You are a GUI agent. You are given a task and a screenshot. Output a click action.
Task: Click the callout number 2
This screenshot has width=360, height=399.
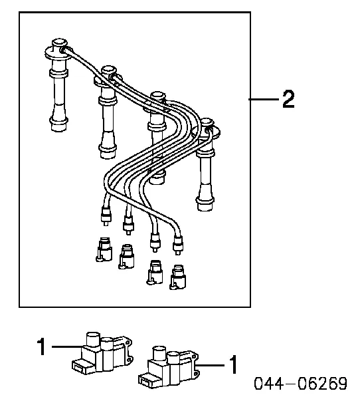(288, 99)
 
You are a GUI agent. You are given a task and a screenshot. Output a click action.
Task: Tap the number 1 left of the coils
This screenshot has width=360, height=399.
(41, 346)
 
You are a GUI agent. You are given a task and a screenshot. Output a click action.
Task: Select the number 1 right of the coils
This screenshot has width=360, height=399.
(233, 365)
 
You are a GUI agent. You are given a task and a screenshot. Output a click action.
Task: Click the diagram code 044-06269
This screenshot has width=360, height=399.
(300, 384)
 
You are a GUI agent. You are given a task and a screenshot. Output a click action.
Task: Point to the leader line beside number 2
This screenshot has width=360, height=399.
(264, 99)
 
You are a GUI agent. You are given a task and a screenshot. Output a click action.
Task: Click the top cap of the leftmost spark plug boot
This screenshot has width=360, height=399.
(59, 43)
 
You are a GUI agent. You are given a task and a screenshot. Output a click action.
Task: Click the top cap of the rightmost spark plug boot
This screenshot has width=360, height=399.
(206, 122)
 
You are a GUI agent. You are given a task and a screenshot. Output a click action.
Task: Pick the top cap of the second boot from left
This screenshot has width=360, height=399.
(109, 70)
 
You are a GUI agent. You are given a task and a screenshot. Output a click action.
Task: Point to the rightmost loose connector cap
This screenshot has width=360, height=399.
(178, 277)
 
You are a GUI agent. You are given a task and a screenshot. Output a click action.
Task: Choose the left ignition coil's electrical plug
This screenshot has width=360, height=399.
(80, 365)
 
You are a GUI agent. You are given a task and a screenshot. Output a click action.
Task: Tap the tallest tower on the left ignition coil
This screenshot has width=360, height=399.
(93, 338)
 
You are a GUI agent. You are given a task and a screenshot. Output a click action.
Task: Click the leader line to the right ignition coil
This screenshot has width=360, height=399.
(211, 365)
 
